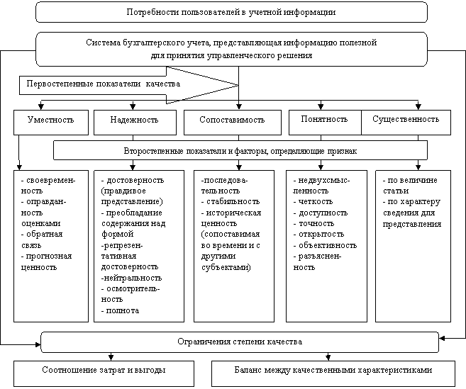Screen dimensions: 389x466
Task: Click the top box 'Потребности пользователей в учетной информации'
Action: pyautogui.click(x=231, y=12)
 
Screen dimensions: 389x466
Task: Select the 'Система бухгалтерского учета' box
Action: pyautogui.click(x=231, y=48)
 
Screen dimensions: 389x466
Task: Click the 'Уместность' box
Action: pyautogui.click(x=51, y=120)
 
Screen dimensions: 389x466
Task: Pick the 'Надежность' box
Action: pyautogui.click(x=134, y=120)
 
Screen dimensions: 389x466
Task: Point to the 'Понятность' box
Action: pyautogui.click(x=325, y=119)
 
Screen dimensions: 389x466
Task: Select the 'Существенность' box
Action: pyautogui.click(x=406, y=119)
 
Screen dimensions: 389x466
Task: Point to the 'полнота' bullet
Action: pyautogui.click(x=121, y=310)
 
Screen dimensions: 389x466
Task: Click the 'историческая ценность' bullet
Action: pyautogui.click(x=232, y=218)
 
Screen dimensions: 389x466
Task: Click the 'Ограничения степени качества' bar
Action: pyautogui.click(x=239, y=342)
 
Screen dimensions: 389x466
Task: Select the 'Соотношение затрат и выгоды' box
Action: pyautogui.click(x=104, y=371)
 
